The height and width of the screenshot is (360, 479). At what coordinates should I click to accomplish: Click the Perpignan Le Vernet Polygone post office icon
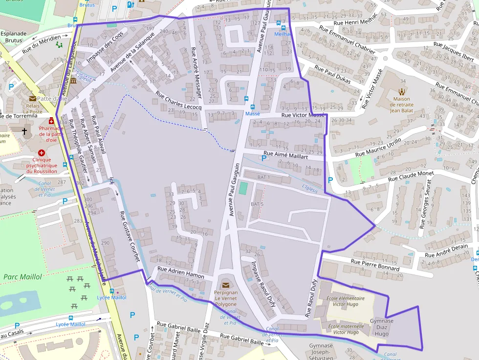(225, 285)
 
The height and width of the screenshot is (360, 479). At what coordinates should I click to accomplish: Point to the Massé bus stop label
(253, 113)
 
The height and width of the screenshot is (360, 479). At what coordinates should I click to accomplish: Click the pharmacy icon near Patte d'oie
(51, 121)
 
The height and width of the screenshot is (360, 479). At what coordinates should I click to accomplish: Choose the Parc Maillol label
(22, 277)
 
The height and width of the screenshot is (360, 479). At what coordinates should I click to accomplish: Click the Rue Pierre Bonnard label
(375, 265)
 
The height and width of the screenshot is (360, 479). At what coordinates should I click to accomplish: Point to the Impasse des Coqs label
(105, 49)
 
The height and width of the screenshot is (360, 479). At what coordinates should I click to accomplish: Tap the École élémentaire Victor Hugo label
(346, 301)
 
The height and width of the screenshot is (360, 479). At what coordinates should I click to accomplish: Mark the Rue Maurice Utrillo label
(378, 147)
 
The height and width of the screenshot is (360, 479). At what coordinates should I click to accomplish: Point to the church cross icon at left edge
(24, 132)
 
